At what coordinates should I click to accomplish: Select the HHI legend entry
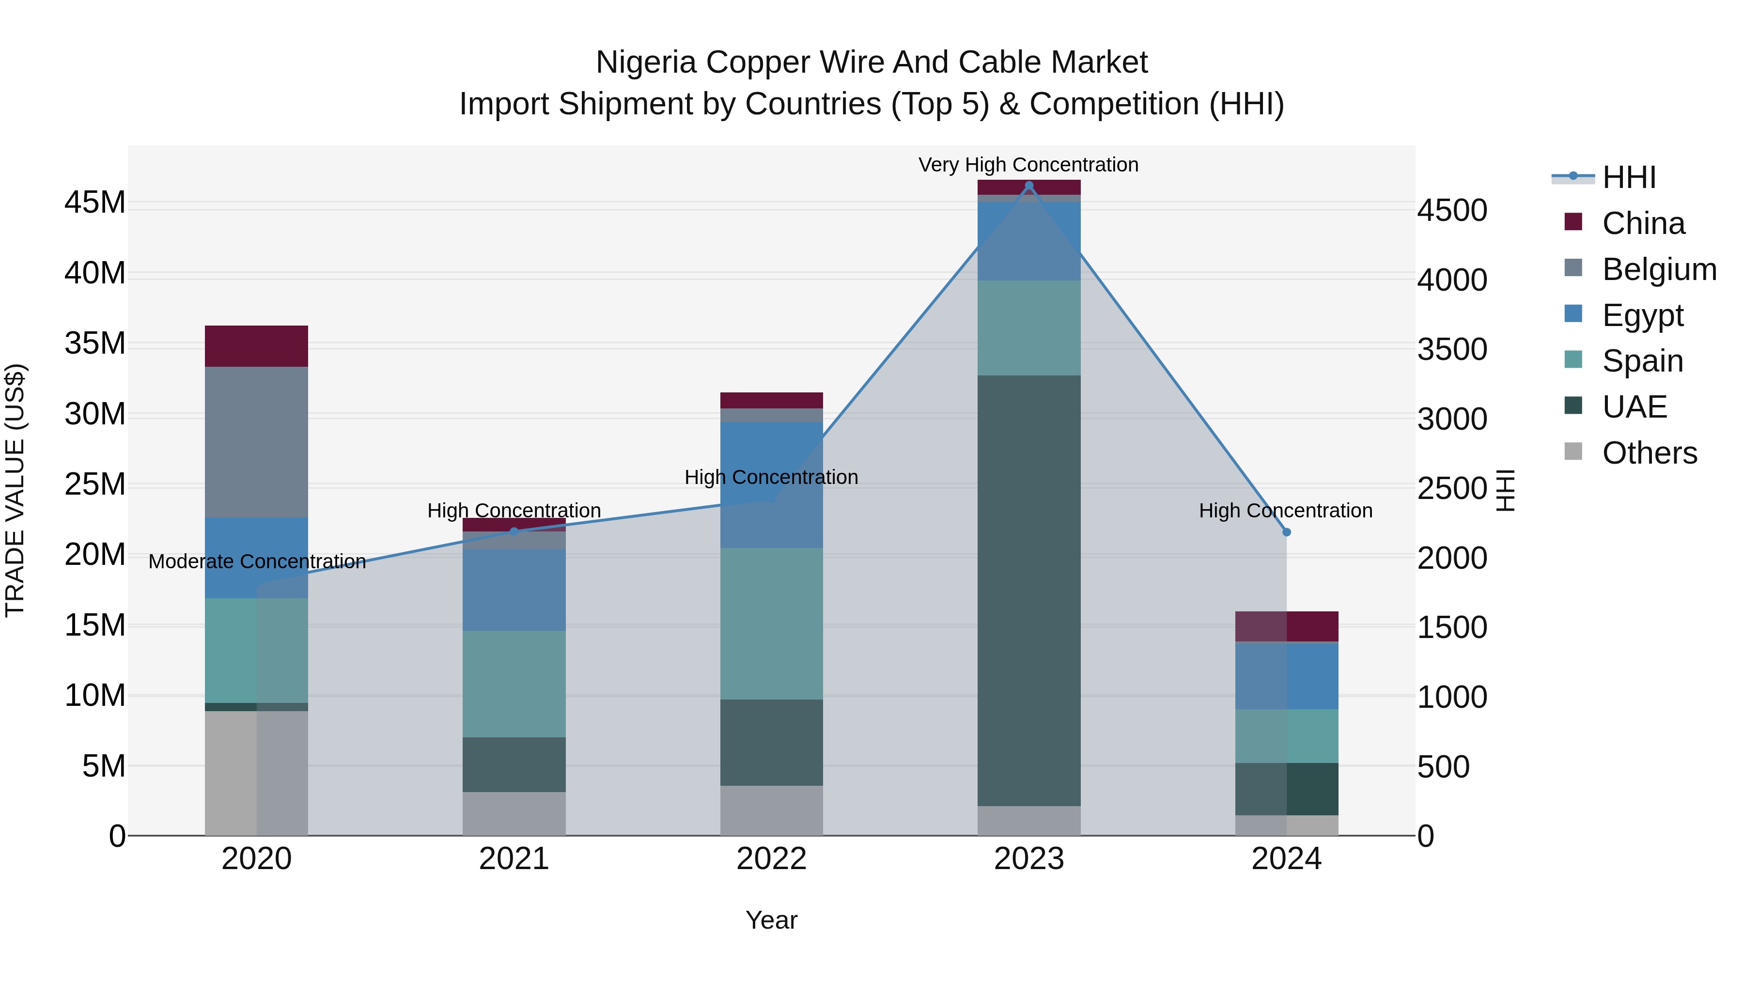1628,177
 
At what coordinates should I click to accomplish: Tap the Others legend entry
1649,453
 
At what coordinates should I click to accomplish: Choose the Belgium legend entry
1659,269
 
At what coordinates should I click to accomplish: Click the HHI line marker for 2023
1029,186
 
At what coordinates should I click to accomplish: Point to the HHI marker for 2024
1286,532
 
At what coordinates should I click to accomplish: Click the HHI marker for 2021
514,531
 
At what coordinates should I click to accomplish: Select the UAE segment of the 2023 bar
1029,589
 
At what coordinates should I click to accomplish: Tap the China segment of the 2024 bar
1286,626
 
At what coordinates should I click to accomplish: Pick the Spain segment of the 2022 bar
771,623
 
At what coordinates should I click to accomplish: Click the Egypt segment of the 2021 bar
514,589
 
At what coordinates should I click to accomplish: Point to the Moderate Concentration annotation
257,561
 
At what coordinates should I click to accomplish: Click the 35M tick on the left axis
95,343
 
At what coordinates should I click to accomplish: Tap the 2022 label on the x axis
771,859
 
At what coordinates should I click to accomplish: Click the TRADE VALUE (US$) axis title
15,490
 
